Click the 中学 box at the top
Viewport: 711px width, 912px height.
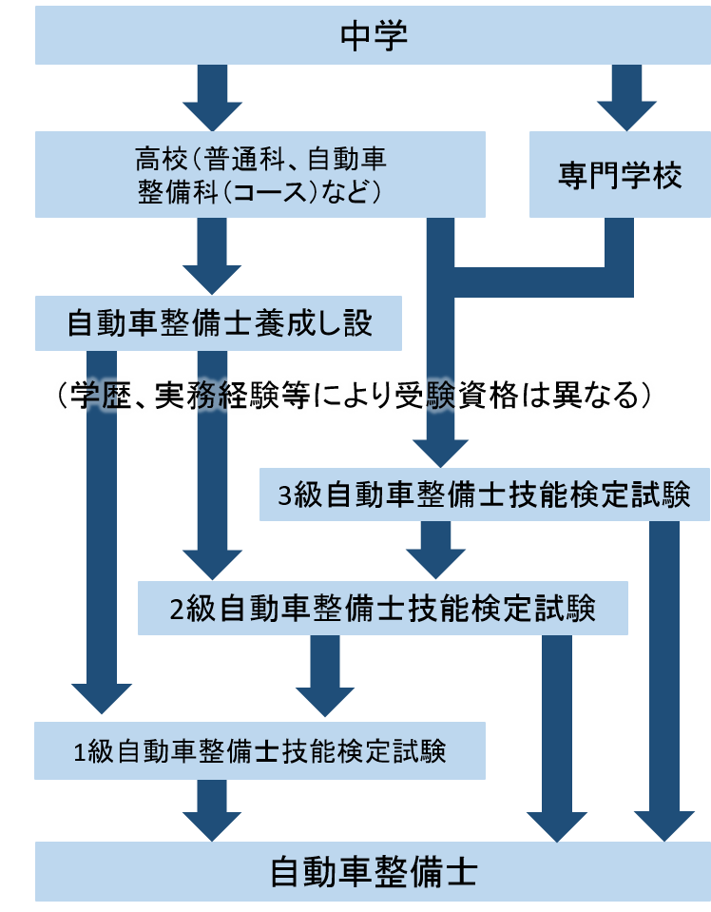pyautogui.click(x=373, y=36)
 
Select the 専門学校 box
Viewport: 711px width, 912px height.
pyautogui.click(x=619, y=176)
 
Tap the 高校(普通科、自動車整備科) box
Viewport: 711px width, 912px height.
pyautogui.click(x=259, y=175)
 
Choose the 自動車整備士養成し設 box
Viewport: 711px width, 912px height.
pyautogui.click(x=218, y=323)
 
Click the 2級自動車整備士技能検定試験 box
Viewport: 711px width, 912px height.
pyautogui.click(x=382, y=609)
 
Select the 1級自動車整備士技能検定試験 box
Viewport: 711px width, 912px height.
pyautogui.click(x=259, y=751)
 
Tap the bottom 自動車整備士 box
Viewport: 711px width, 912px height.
pyautogui.click(x=373, y=872)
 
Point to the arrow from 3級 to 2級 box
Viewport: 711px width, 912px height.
pyautogui.click(x=436, y=551)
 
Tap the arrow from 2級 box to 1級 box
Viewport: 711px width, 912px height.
pyautogui.click(x=325, y=676)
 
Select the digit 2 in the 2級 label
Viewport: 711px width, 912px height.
pyautogui.click(x=177, y=610)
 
